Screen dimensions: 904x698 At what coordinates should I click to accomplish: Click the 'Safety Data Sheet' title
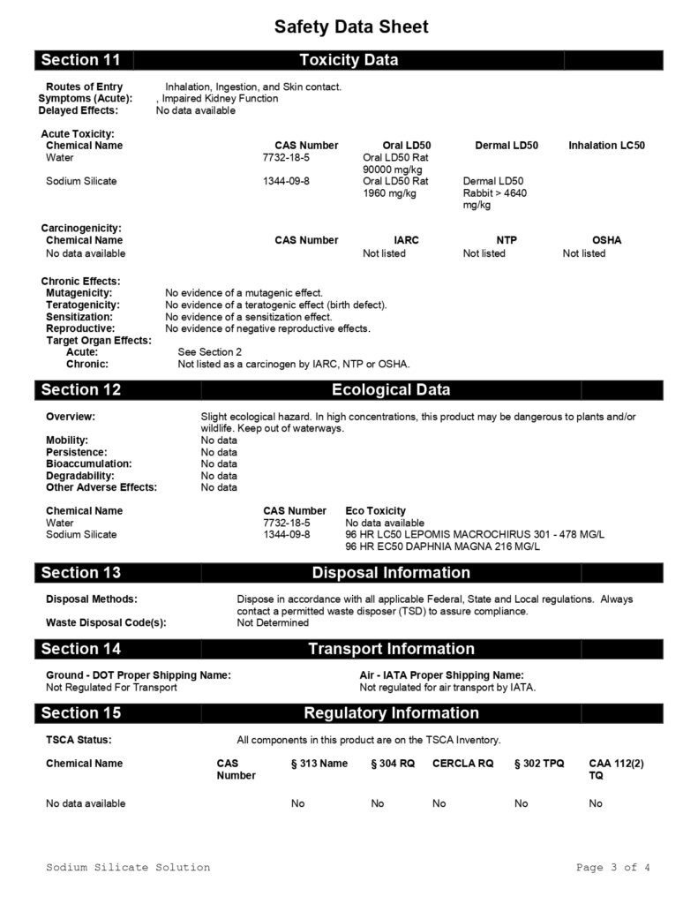tap(351, 27)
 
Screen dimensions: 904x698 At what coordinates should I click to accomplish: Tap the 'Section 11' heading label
tap(80, 60)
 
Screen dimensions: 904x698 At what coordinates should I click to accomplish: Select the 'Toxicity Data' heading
tap(349, 60)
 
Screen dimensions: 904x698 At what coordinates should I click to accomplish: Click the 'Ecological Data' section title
tap(390, 389)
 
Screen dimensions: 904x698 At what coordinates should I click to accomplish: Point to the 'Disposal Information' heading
tap(390, 572)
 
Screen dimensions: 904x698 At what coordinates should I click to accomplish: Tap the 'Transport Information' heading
tap(390, 649)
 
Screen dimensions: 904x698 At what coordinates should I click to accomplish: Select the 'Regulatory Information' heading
tap(390, 712)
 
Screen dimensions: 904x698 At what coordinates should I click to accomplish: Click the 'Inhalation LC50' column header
tap(606, 146)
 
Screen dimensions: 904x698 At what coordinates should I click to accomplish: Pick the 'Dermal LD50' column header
tap(506, 146)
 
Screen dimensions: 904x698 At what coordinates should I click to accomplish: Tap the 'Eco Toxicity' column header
tap(376, 511)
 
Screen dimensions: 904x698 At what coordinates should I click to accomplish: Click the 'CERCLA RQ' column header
tap(462, 764)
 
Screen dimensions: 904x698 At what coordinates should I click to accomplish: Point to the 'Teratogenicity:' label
tap(83, 305)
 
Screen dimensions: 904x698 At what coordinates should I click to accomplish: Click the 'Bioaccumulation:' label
tap(89, 463)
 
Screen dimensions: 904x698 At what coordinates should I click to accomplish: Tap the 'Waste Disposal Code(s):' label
tap(106, 623)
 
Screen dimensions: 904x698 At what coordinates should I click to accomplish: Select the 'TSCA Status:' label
tap(79, 740)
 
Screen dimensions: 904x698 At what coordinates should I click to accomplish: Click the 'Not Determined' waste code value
tap(273, 623)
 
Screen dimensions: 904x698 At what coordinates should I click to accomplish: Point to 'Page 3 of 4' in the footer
tap(612, 868)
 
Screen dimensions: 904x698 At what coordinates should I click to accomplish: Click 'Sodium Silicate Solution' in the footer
tap(128, 868)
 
